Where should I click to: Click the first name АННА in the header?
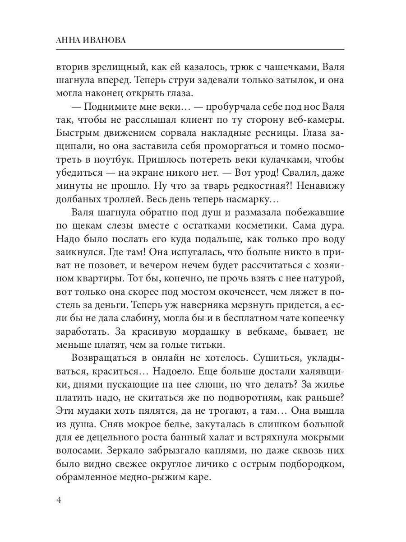click(69, 40)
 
